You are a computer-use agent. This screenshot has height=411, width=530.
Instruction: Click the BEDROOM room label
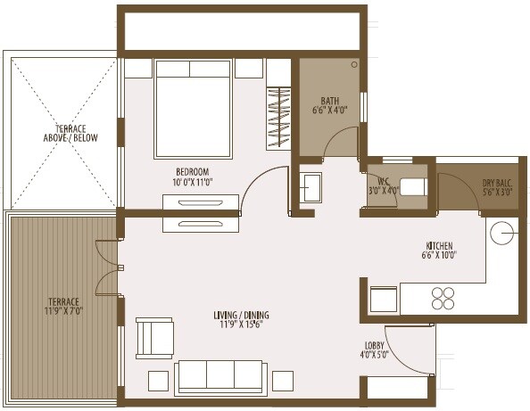193,171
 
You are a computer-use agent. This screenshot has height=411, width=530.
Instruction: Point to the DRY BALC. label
498,181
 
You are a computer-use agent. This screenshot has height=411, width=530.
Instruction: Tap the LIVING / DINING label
241,316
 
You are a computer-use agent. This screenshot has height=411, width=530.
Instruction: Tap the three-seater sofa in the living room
219,376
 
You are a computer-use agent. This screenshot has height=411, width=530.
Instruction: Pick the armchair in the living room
154,337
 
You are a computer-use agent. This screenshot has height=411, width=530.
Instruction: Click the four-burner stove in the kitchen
443,298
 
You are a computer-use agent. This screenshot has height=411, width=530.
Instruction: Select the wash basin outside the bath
311,188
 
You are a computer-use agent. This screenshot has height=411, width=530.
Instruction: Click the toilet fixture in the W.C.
412,187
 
